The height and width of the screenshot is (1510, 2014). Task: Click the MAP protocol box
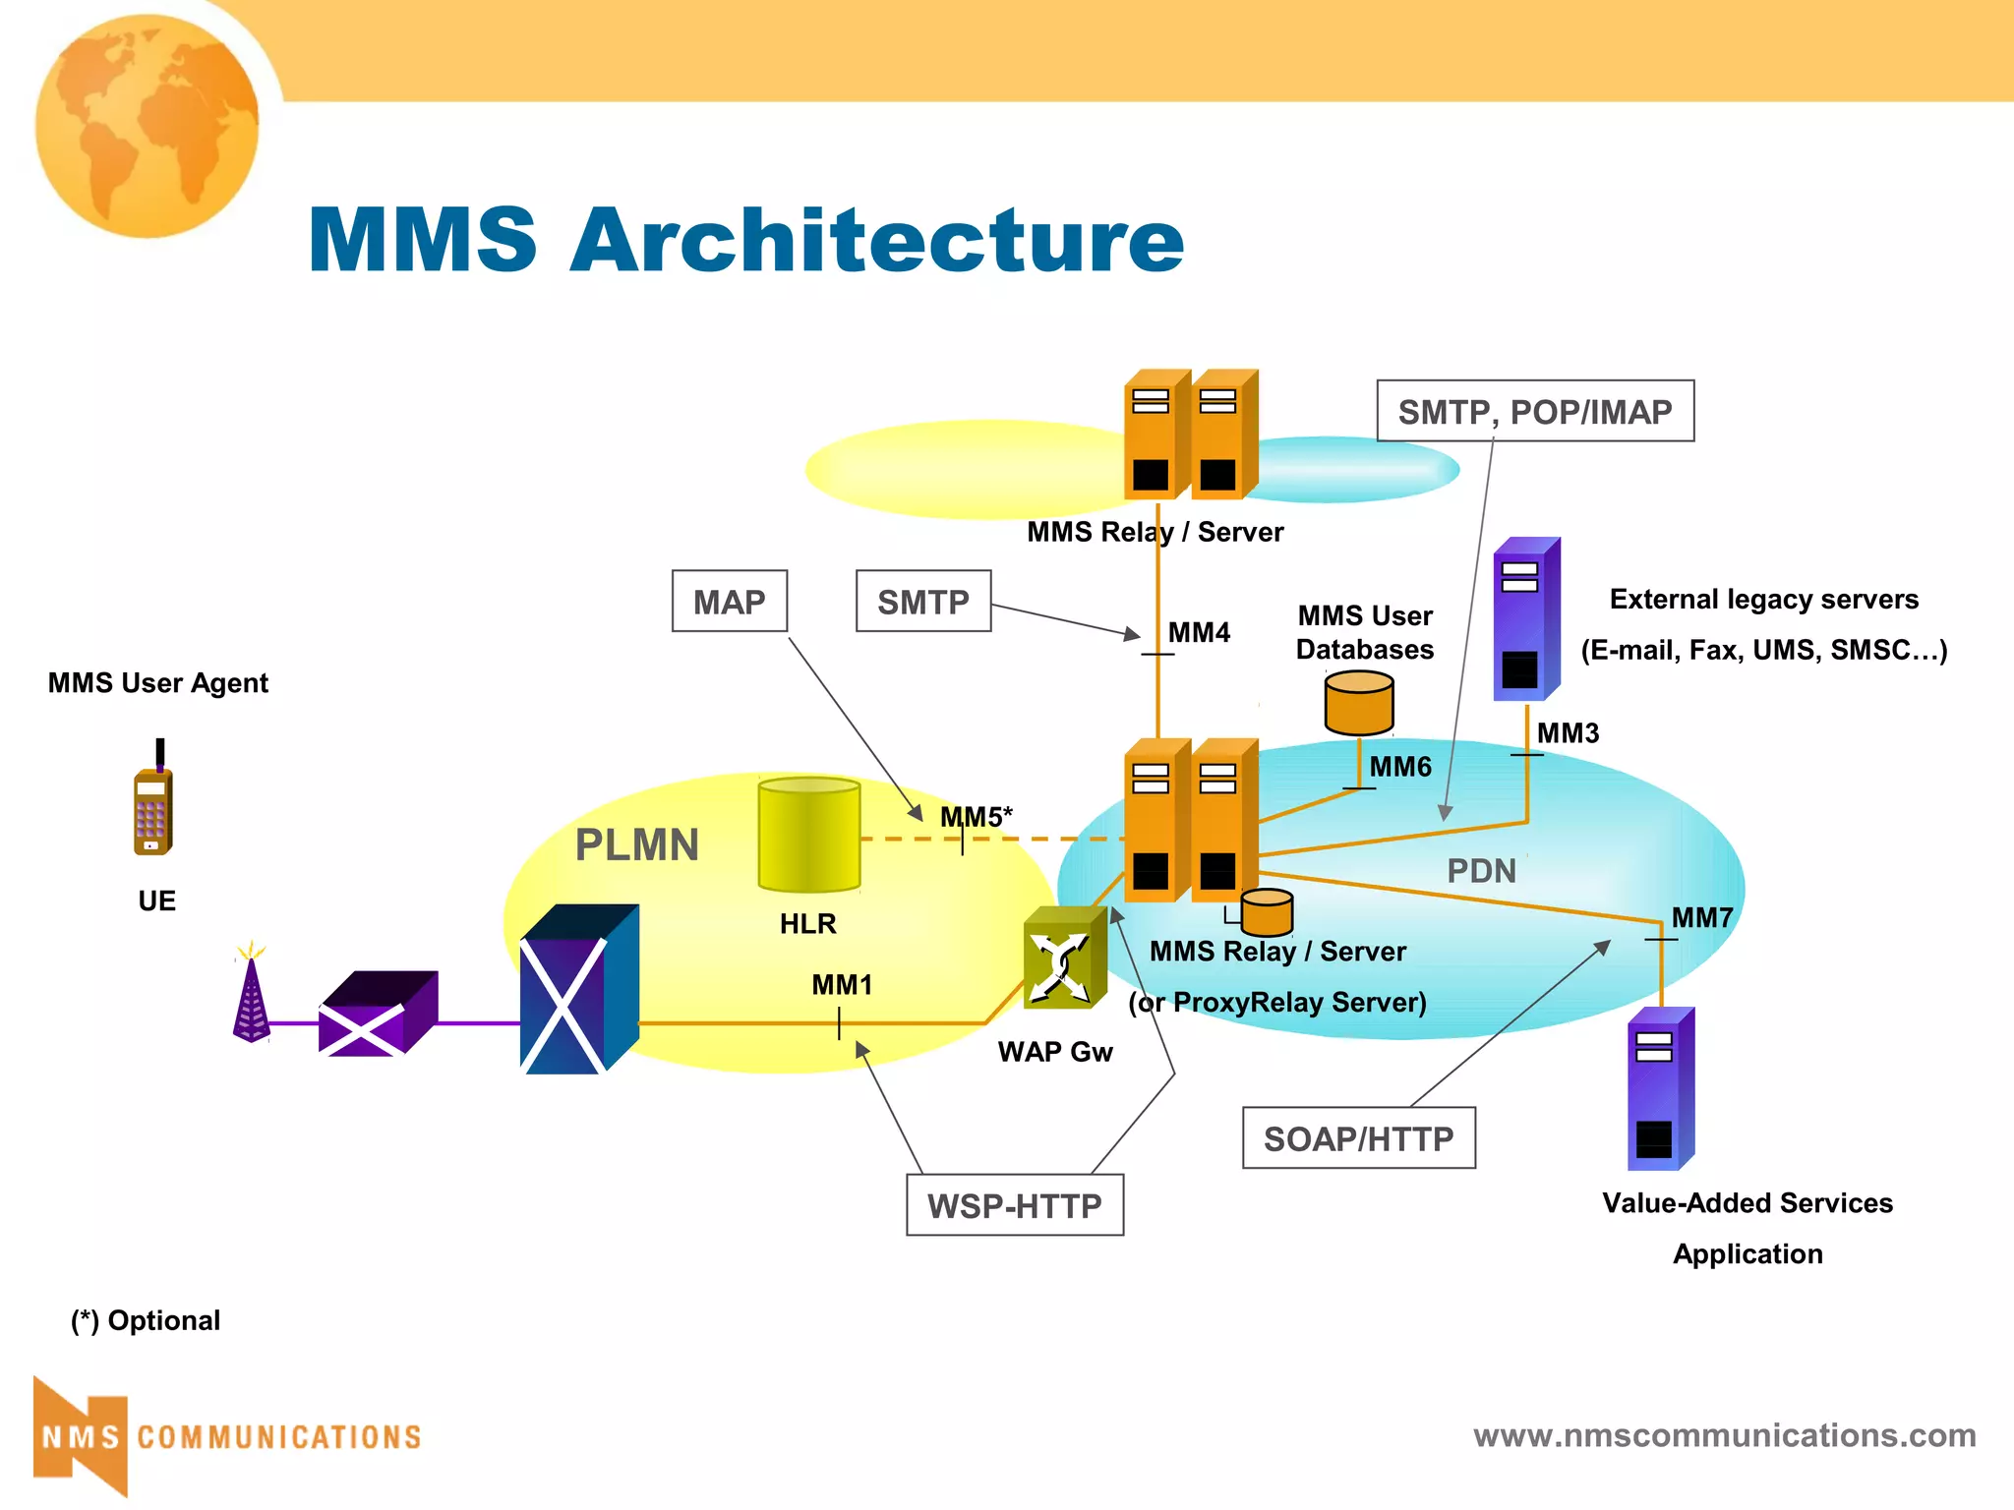729,601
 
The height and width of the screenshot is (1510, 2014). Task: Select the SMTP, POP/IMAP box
1534,411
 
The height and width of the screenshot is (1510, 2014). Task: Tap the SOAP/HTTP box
1358,1138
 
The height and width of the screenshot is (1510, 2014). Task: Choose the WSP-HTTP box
1014,1205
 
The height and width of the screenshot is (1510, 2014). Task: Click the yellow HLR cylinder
808,835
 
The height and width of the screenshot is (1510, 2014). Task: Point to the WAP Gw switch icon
1063,958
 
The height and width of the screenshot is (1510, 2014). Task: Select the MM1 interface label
842,984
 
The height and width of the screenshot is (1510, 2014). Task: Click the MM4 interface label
1198,632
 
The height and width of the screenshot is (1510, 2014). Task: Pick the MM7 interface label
1701,917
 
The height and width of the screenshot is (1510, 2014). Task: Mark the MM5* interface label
976,817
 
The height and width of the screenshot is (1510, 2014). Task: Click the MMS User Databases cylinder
1359,702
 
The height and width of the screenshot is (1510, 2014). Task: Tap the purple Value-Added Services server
1660,1089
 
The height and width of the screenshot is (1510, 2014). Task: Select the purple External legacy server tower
1525,619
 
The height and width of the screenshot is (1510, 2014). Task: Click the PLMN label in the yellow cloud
636,845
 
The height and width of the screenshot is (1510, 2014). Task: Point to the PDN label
1481,871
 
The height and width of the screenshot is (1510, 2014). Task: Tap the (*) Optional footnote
146,1320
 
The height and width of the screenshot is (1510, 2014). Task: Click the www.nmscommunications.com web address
1724,1435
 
